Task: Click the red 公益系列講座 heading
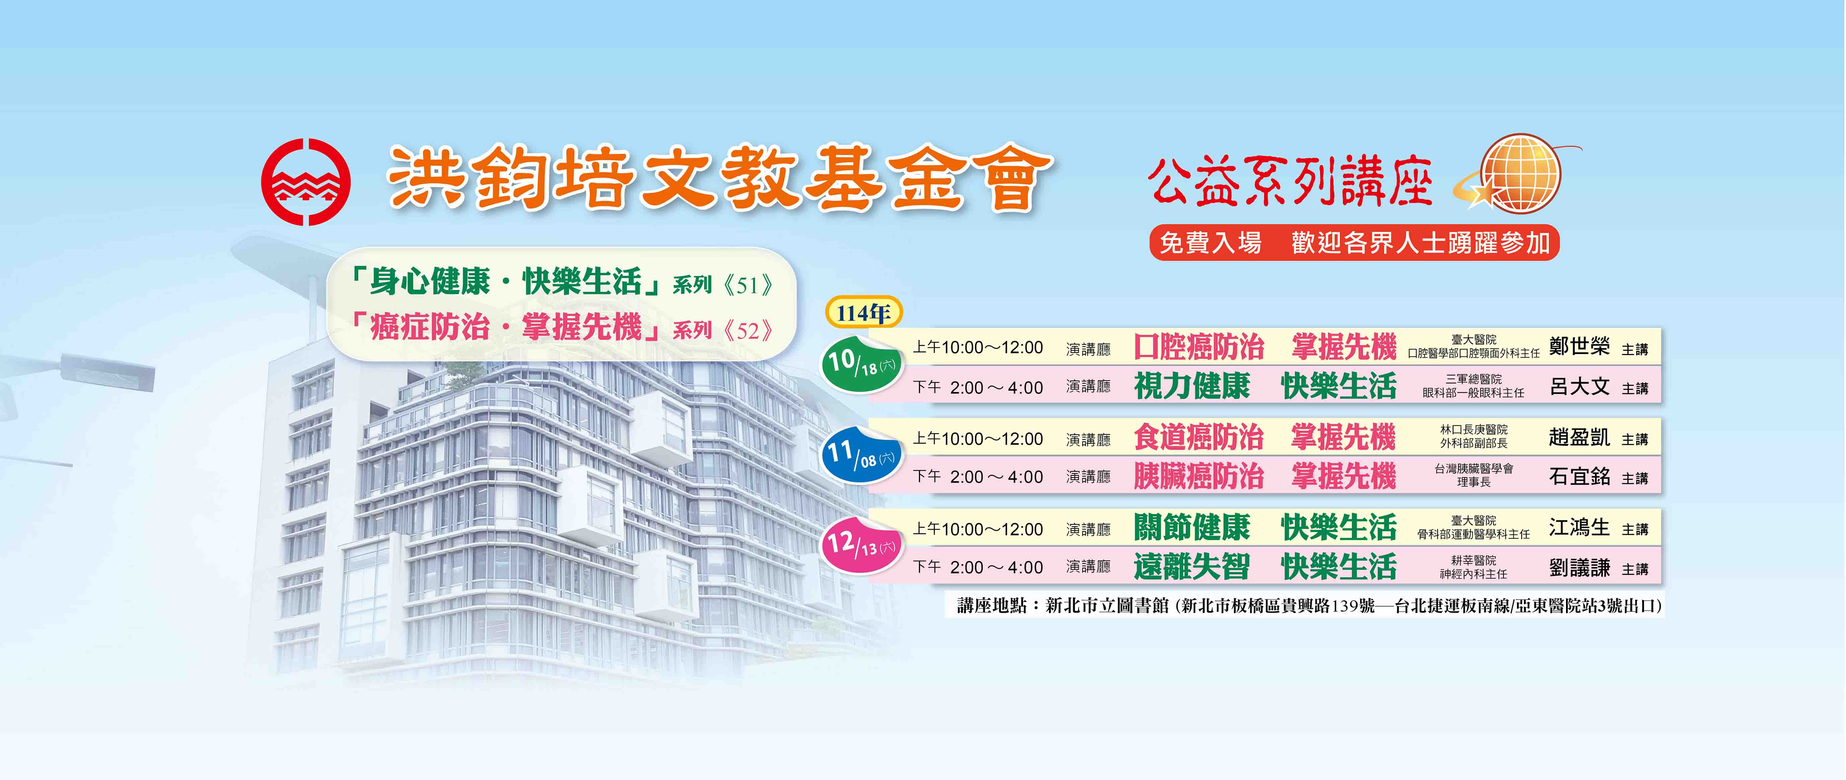1290,182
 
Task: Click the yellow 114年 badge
863,312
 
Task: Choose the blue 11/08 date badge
861,454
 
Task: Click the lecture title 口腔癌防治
1199,347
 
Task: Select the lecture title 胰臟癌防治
1199,476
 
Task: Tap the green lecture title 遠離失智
1192,567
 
